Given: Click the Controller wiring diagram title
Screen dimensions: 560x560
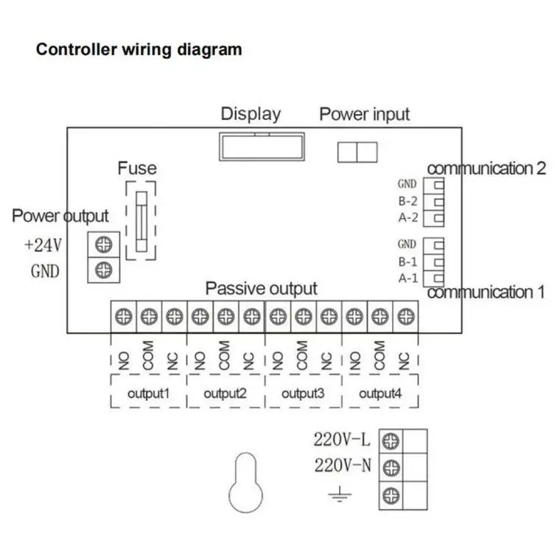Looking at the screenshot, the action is click(x=139, y=49).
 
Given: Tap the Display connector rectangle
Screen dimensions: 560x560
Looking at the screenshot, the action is click(x=262, y=147).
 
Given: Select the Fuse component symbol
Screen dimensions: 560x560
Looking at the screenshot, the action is click(x=141, y=222).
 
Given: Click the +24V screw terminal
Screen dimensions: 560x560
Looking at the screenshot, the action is click(x=104, y=245).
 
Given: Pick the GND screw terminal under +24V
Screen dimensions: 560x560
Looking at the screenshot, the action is click(x=104, y=270).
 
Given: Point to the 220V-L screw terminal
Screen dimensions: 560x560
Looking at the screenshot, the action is click(x=391, y=441).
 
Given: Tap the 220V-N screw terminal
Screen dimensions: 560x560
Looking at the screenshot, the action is click(x=391, y=467).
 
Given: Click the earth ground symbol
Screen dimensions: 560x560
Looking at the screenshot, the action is click(x=340, y=494).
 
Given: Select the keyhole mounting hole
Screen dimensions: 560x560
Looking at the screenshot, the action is click(x=245, y=482).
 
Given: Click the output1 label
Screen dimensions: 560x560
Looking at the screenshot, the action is click(x=148, y=393).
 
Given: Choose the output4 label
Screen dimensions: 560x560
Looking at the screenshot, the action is click(x=380, y=393).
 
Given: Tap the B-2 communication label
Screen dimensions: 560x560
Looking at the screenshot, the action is click(x=408, y=201).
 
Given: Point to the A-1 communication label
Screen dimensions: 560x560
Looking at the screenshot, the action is click(x=408, y=278).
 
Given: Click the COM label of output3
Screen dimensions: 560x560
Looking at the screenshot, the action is click(x=302, y=355).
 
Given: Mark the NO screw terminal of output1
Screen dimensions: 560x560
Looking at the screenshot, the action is click(x=124, y=316).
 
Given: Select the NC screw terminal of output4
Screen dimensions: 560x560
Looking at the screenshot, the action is click(x=406, y=316).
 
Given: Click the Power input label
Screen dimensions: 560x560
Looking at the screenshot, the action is click(x=364, y=115).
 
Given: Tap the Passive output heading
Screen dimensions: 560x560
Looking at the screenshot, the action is click(x=261, y=289).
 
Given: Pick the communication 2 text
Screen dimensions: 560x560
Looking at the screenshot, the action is click(x=486, y=169).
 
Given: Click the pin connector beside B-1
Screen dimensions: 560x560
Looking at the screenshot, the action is click(x=438, y=262).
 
